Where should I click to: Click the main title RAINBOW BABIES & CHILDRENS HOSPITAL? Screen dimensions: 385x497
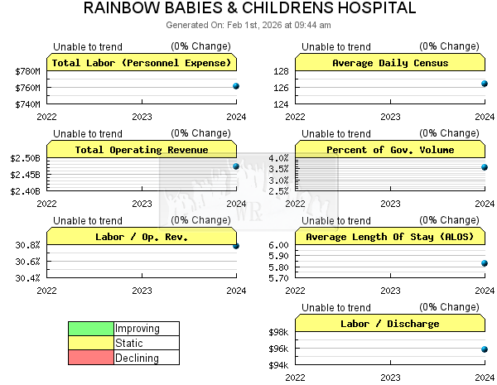(x=248, y=9)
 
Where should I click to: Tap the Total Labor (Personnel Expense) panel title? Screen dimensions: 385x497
(x=142, y=63)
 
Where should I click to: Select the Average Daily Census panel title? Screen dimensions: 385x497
(x=389, y=63)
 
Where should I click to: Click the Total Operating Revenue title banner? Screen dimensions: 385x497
(x=142, y=150)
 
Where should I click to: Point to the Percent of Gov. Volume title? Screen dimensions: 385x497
(x=389, y=150)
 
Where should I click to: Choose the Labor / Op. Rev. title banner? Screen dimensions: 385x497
(x=142, y=237)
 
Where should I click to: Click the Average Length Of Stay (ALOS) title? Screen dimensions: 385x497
(x=389, y=237)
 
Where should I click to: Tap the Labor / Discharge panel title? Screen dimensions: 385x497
(x=389, y=324)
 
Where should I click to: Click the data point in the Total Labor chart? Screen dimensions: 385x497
(x=236, y=86)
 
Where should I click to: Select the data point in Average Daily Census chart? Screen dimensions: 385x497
(x=485, y=84)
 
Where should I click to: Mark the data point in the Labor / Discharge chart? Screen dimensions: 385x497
(x=485, y=349)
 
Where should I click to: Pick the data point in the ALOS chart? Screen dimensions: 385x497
(x=485, y=263)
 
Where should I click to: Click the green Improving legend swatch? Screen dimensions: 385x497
(x=91, y=329)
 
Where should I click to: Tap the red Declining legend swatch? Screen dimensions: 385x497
(x=91, y=359)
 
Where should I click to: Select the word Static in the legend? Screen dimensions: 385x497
(x=129, y=344)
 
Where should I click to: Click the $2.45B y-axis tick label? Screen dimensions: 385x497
(x=25, y=175)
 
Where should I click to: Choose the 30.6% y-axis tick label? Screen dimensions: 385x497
(x=27, y=262)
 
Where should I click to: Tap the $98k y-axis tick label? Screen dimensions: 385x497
(x=277, y=332)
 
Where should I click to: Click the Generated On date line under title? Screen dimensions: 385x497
(x=248, y=25)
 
